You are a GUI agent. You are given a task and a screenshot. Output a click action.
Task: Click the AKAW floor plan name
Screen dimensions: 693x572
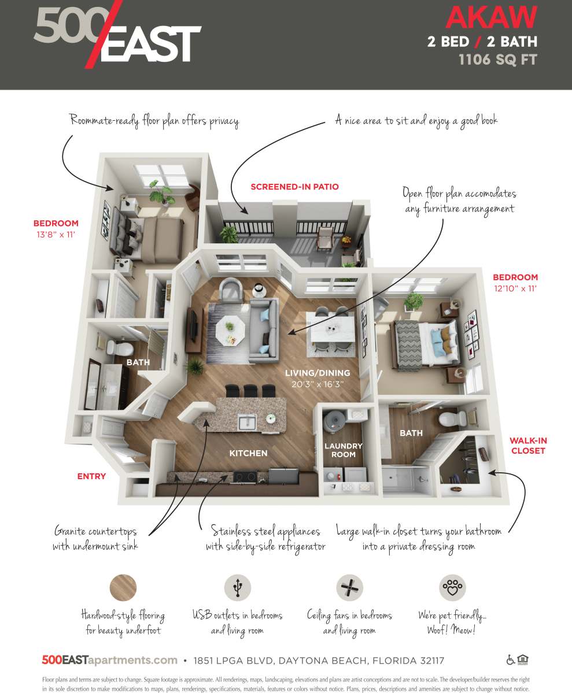pos(491,17)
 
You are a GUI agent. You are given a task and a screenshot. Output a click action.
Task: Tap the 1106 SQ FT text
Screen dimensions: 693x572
pos(497,60)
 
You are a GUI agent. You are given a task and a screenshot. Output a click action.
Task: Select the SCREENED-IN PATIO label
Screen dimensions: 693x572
pos(294,187)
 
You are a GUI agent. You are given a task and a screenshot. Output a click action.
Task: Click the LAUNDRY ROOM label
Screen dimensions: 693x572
pos(343,450)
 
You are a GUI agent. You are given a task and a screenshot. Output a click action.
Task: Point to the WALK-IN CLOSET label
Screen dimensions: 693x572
pos(527,445)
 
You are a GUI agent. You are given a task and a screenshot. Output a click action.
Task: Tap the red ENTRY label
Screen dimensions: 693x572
pos(91,476)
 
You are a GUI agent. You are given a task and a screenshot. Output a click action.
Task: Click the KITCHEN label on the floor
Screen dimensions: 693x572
pos(248,453)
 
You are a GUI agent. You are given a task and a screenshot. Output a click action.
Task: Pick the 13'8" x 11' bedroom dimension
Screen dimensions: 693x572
pos(56,234)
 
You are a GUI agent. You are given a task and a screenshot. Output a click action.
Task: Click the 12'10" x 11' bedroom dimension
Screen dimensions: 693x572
pos(515,288)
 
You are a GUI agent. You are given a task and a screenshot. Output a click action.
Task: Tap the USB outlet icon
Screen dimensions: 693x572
pos(237,588)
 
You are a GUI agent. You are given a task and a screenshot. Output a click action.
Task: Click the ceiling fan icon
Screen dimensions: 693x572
pos(349,588)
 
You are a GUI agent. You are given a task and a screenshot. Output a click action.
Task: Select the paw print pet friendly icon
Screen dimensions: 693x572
pos(452,588)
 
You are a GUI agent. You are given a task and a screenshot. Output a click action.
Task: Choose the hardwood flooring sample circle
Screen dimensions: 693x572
pos(123,588)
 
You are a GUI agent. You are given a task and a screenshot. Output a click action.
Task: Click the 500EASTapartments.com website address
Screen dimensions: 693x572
pos(109,660)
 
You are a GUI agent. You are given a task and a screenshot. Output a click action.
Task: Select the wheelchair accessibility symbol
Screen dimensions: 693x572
pos(511,659)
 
